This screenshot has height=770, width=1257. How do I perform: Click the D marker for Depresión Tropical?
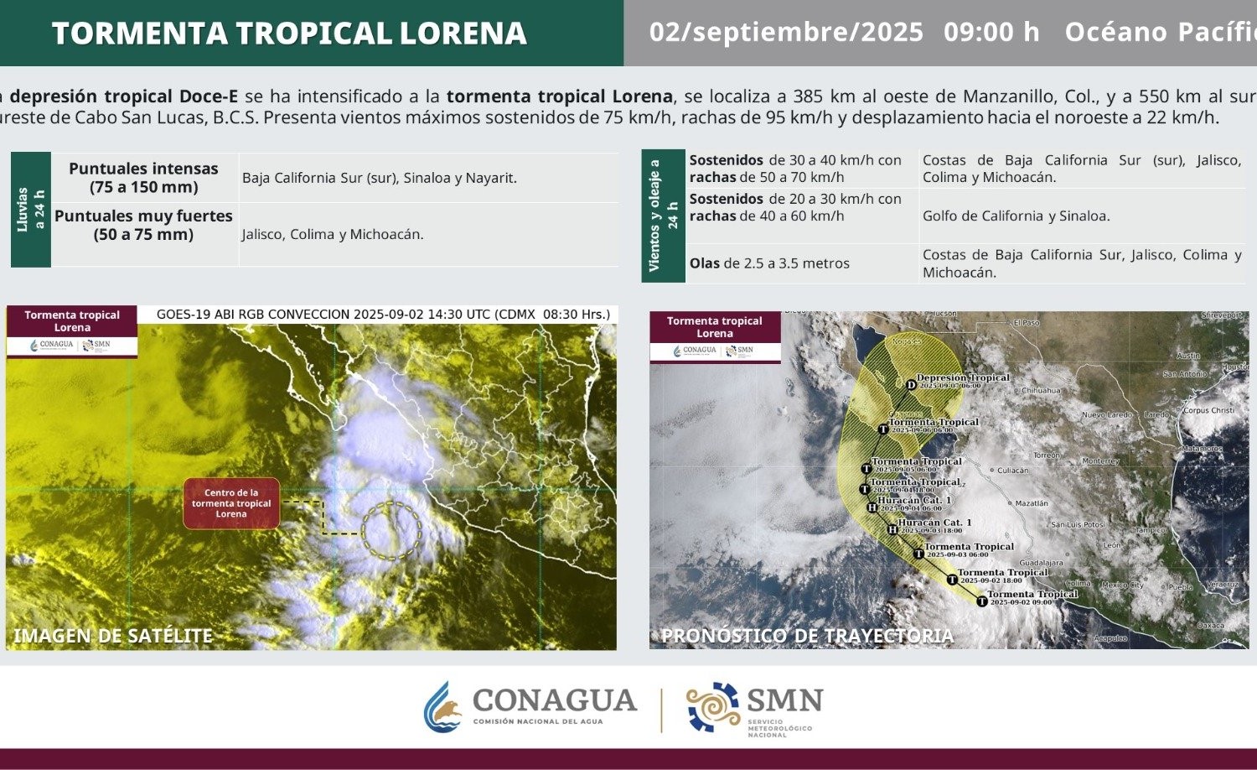coord(911,385)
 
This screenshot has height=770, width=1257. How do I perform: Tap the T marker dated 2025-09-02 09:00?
coord(982,601)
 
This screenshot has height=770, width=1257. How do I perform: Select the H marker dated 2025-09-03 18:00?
coord(892,529)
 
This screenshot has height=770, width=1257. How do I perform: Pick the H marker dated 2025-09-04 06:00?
coord(872,507)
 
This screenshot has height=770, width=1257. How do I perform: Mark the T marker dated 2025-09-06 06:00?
coord(882,429)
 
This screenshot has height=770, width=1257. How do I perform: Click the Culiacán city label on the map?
coord(1012,471)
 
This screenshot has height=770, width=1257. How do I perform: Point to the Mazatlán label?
coord(1031,503)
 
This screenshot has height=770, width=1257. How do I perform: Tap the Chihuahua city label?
coord(1041,391)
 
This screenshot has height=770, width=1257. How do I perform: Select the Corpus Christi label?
coord(1208,411)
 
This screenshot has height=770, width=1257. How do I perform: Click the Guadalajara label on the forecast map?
coord(1041,563)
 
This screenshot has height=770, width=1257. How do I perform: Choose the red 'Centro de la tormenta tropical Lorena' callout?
coord(231,503)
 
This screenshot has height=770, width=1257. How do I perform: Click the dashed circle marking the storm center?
coord(391,530)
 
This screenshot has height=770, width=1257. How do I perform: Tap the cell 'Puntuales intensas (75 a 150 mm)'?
coord(144,178)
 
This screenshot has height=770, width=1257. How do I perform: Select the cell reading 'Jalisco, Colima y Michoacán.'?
coord(333,235)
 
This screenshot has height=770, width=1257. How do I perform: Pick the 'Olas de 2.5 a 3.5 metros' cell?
coord(769,263)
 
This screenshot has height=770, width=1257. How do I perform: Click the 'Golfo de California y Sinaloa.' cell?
coord(1016,216)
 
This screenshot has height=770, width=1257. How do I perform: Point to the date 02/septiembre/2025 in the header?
coord(786,33)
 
